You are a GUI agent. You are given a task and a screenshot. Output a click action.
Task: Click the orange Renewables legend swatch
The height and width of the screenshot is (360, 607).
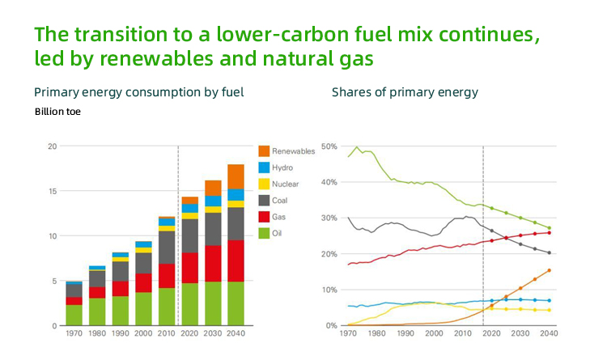click(x=264, y=151)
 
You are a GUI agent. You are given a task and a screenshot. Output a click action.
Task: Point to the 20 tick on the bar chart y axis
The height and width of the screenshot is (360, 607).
click(x=52, y=146)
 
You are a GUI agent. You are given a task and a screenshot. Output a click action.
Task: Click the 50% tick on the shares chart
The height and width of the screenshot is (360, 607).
click(x=330, y=146)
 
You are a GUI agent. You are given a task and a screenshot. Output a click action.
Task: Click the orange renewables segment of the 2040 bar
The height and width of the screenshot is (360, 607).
click(x=236, y=176)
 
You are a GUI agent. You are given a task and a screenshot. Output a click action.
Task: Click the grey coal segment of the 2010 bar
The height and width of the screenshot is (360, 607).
click(x=167, y=247)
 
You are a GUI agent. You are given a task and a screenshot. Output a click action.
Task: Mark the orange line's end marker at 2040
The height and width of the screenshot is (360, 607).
click(x=549, y=270)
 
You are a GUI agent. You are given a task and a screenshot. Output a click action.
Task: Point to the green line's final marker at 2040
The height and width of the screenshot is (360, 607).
click(x=549, y=228)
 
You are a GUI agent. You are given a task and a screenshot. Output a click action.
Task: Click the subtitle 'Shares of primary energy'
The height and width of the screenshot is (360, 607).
click(x=405, y=92)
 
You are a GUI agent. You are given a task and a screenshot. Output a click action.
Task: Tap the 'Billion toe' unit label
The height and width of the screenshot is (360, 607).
click(x=57, y=112)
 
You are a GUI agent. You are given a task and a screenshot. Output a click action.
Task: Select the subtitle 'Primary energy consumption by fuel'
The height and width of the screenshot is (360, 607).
click(x=138, y=92)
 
